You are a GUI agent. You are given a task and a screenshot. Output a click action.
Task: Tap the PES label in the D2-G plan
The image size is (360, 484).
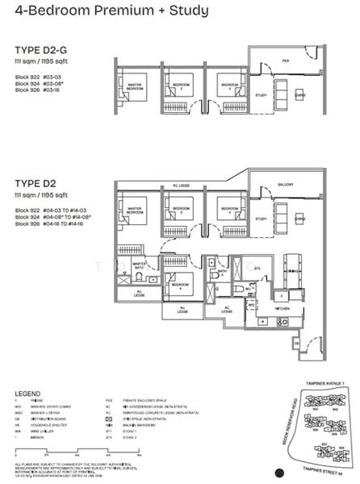[x=285, y=60]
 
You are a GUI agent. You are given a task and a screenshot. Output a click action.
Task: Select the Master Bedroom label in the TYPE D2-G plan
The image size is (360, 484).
[x=136, y=85]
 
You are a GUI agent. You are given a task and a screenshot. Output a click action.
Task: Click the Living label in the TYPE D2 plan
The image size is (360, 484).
[x=299, y=218]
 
